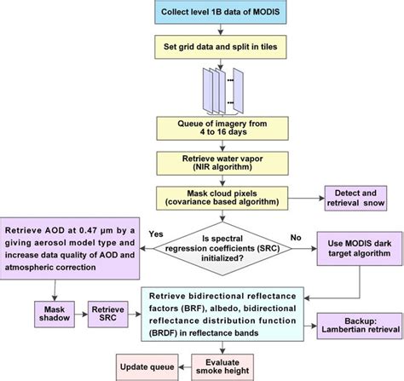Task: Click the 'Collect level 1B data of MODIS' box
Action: coord(226,14)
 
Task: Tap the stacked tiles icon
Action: coord(218,84)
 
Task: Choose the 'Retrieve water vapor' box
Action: coord(226,163)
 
